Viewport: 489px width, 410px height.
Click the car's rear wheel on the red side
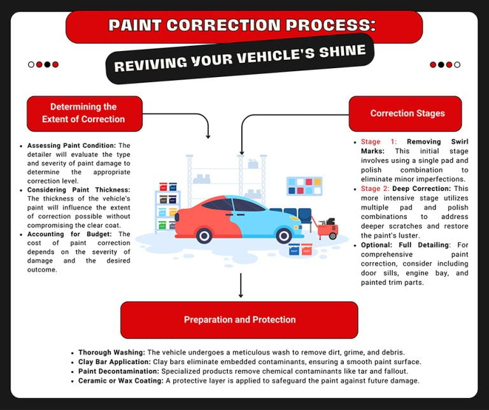(204, 236)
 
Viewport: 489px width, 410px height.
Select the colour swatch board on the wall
(304, 185)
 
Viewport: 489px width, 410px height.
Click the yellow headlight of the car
(297, 218)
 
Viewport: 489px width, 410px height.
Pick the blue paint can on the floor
(294, 250)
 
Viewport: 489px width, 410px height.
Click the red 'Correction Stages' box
(405, 113)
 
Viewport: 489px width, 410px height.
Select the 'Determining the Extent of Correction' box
(83, 113)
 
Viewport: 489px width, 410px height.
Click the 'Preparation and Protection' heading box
(239, 320)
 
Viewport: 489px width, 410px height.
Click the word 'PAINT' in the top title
(137, 26)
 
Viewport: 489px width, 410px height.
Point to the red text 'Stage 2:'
(375, 188)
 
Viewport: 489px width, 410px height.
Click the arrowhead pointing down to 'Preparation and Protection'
(241, 295)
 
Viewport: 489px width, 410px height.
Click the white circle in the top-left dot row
(31, 64)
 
